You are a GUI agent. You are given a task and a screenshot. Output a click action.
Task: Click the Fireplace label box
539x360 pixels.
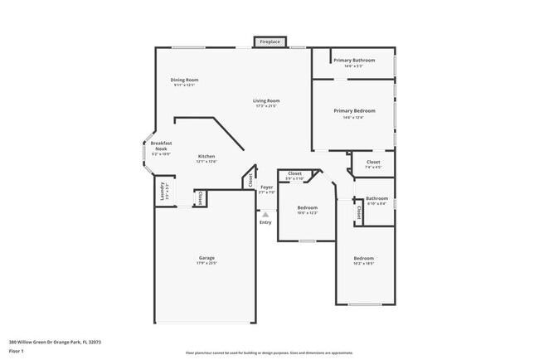tap(269, 41)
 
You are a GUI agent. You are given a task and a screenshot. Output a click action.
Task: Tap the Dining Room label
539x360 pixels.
tap(186, 80)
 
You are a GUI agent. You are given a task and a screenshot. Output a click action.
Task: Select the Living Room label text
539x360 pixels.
tap(266, 101)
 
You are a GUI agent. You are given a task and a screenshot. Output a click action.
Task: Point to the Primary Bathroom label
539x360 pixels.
tap(354, 61)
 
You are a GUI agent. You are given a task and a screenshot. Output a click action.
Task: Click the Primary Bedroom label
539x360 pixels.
tap(354, 110)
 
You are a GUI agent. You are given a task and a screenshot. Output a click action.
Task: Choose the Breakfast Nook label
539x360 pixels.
tap(161, 146)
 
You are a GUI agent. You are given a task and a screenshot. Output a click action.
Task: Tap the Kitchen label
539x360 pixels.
tap(206, 157)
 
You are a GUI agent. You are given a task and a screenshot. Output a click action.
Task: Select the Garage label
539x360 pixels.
tap(206, 258)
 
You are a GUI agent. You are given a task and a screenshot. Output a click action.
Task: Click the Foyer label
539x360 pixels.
tap(266, 187)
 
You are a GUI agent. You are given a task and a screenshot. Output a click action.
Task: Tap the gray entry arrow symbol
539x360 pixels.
tap(265, 214)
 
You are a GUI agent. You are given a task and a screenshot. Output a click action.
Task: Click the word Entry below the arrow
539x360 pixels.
tap(265, 222)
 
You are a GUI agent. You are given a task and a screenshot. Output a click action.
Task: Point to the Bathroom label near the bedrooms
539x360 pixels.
tap(376, 198)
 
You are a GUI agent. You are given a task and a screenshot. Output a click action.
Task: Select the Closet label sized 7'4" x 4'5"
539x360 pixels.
tap(372, 162)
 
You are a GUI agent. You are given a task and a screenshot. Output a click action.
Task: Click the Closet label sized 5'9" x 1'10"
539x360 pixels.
tap(294, 173)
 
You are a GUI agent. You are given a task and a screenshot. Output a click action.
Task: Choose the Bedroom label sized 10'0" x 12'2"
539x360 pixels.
tap(308, 207)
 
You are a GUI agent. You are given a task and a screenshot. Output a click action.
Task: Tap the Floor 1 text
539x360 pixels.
tap(17, 352)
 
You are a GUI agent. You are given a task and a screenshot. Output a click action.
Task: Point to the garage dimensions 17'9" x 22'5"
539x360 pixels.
tap(206, 263)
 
